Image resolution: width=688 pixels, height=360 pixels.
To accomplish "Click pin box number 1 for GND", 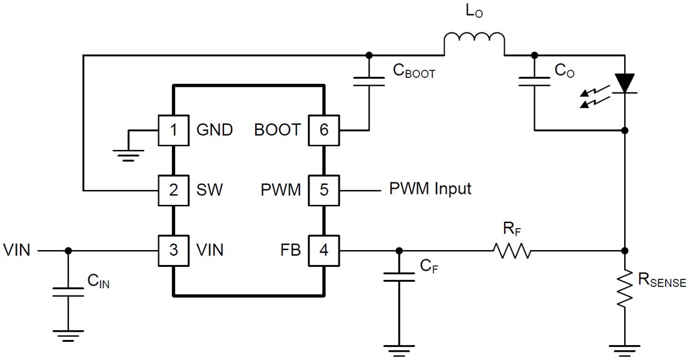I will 173,130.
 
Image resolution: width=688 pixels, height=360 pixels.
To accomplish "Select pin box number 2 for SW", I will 173,189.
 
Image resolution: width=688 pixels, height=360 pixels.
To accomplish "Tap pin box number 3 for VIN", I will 173,250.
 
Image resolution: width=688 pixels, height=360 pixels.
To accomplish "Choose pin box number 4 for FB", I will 323,250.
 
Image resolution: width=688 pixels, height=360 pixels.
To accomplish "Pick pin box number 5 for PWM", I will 323,189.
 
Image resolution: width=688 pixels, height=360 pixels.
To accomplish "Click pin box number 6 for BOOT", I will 323,130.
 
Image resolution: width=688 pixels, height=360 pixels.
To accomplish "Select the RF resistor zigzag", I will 512,251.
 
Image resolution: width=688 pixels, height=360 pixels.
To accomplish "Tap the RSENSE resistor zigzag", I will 624,288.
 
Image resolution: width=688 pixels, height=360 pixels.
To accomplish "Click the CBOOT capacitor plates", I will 368,81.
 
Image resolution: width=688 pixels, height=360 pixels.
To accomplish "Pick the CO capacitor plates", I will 534,81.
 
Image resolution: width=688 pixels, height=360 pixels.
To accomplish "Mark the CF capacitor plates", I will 398,277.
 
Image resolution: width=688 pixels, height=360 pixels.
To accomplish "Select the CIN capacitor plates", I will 68,291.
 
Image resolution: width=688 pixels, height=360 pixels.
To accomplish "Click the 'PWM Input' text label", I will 430,188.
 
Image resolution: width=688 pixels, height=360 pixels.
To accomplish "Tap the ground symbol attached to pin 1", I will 128,155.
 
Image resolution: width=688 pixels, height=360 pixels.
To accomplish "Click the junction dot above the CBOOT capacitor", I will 368,54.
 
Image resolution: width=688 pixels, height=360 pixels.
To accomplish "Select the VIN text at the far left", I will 17,250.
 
